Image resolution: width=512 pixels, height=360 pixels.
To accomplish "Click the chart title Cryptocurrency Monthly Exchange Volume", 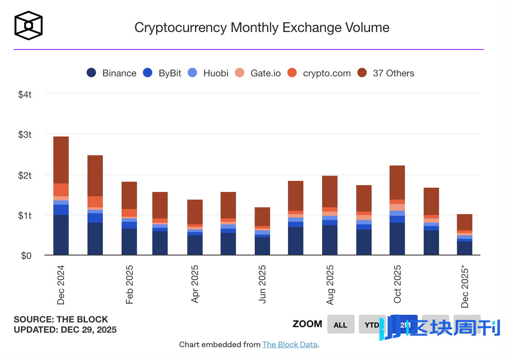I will tap(262, 28).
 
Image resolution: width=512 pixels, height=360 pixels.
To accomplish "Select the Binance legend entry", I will tap(111, 73).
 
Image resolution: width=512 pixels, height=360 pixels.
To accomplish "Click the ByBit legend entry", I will tap(162, 73).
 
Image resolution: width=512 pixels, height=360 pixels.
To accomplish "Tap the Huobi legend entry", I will tap(209, 73).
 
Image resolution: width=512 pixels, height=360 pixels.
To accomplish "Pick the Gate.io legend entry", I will tap(258, 73).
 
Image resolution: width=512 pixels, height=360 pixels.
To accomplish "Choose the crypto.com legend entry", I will tap(319, 73).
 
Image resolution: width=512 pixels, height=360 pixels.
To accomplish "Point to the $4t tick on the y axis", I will tap(25, 94).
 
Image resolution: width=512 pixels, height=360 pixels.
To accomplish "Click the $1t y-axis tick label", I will tap(25, 216).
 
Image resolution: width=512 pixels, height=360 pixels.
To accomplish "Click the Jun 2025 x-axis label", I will tap(262, 284).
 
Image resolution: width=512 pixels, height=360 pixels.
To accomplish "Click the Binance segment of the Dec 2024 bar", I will tap(61, 235).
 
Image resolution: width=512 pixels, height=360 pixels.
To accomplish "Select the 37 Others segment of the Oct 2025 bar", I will tap(397, 182).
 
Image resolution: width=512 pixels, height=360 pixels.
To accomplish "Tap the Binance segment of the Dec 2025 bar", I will tap(465, 248).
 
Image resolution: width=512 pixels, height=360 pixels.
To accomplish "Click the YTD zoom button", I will tap(372, 325).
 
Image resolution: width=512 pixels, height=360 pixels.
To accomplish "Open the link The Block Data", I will tap(290, 345).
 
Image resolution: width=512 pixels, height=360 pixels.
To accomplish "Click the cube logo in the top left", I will tap(29, 26).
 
